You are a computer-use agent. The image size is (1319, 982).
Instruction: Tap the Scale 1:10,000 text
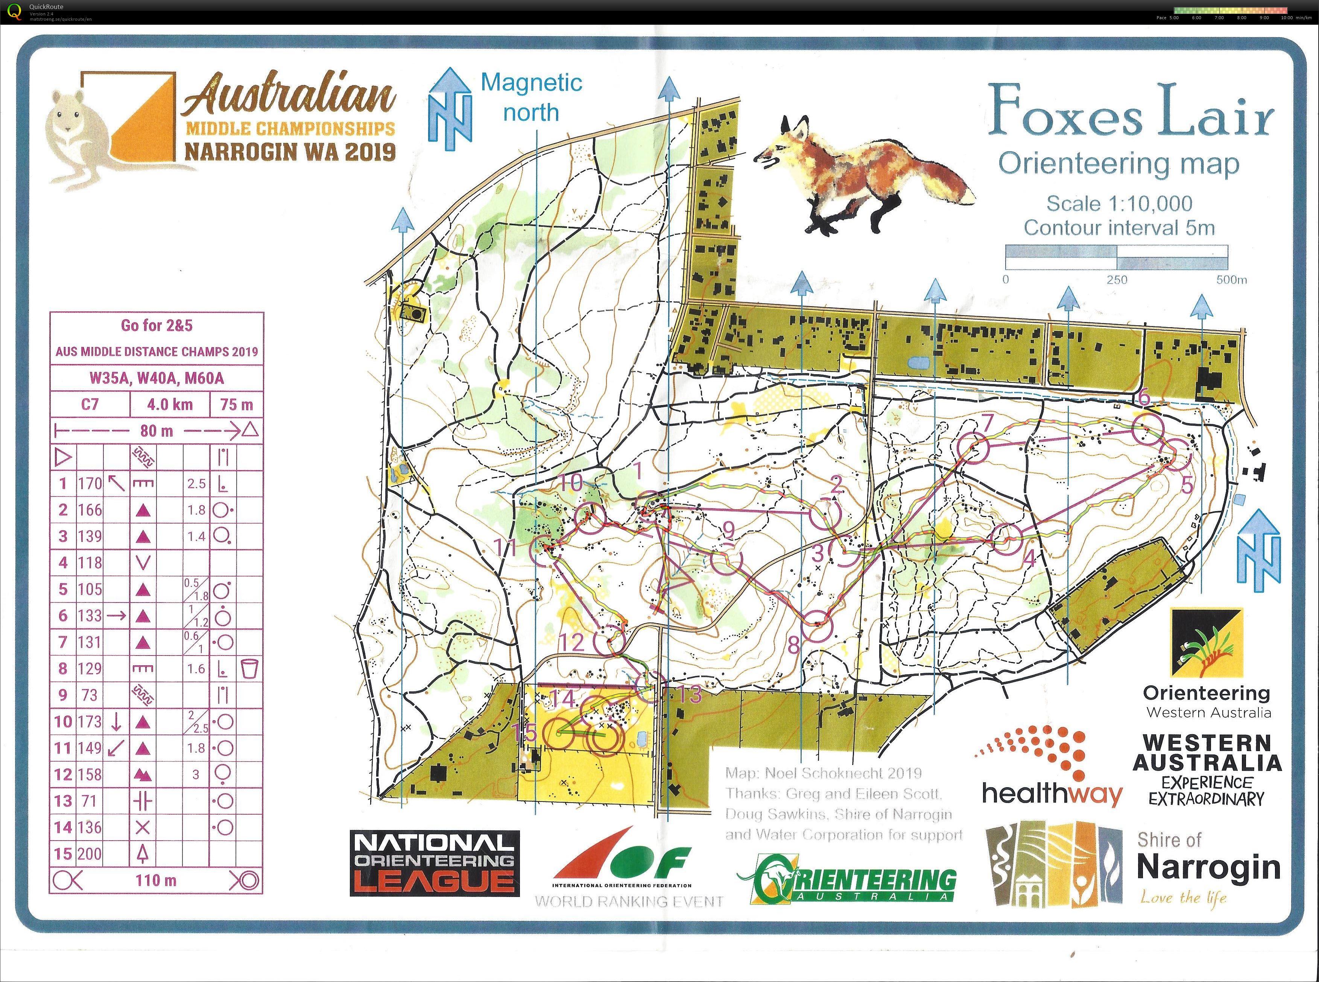(x=1119, y=204)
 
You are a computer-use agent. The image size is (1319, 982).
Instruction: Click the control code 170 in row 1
(x=90, y=483)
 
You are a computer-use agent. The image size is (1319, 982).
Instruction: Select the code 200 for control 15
(x=90, y=854)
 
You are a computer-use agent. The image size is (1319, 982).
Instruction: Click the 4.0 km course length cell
(x=170, y=405)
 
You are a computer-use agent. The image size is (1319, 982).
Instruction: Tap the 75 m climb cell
(x=237, y=405)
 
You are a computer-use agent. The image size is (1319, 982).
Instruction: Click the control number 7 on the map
(x=987, y=423)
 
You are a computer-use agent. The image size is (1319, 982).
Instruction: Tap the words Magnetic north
(x=531, y=97)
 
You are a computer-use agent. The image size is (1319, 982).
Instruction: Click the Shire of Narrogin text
(x=1207, y=856)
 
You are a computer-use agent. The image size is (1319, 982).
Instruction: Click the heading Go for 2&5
(x=157, y=325)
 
